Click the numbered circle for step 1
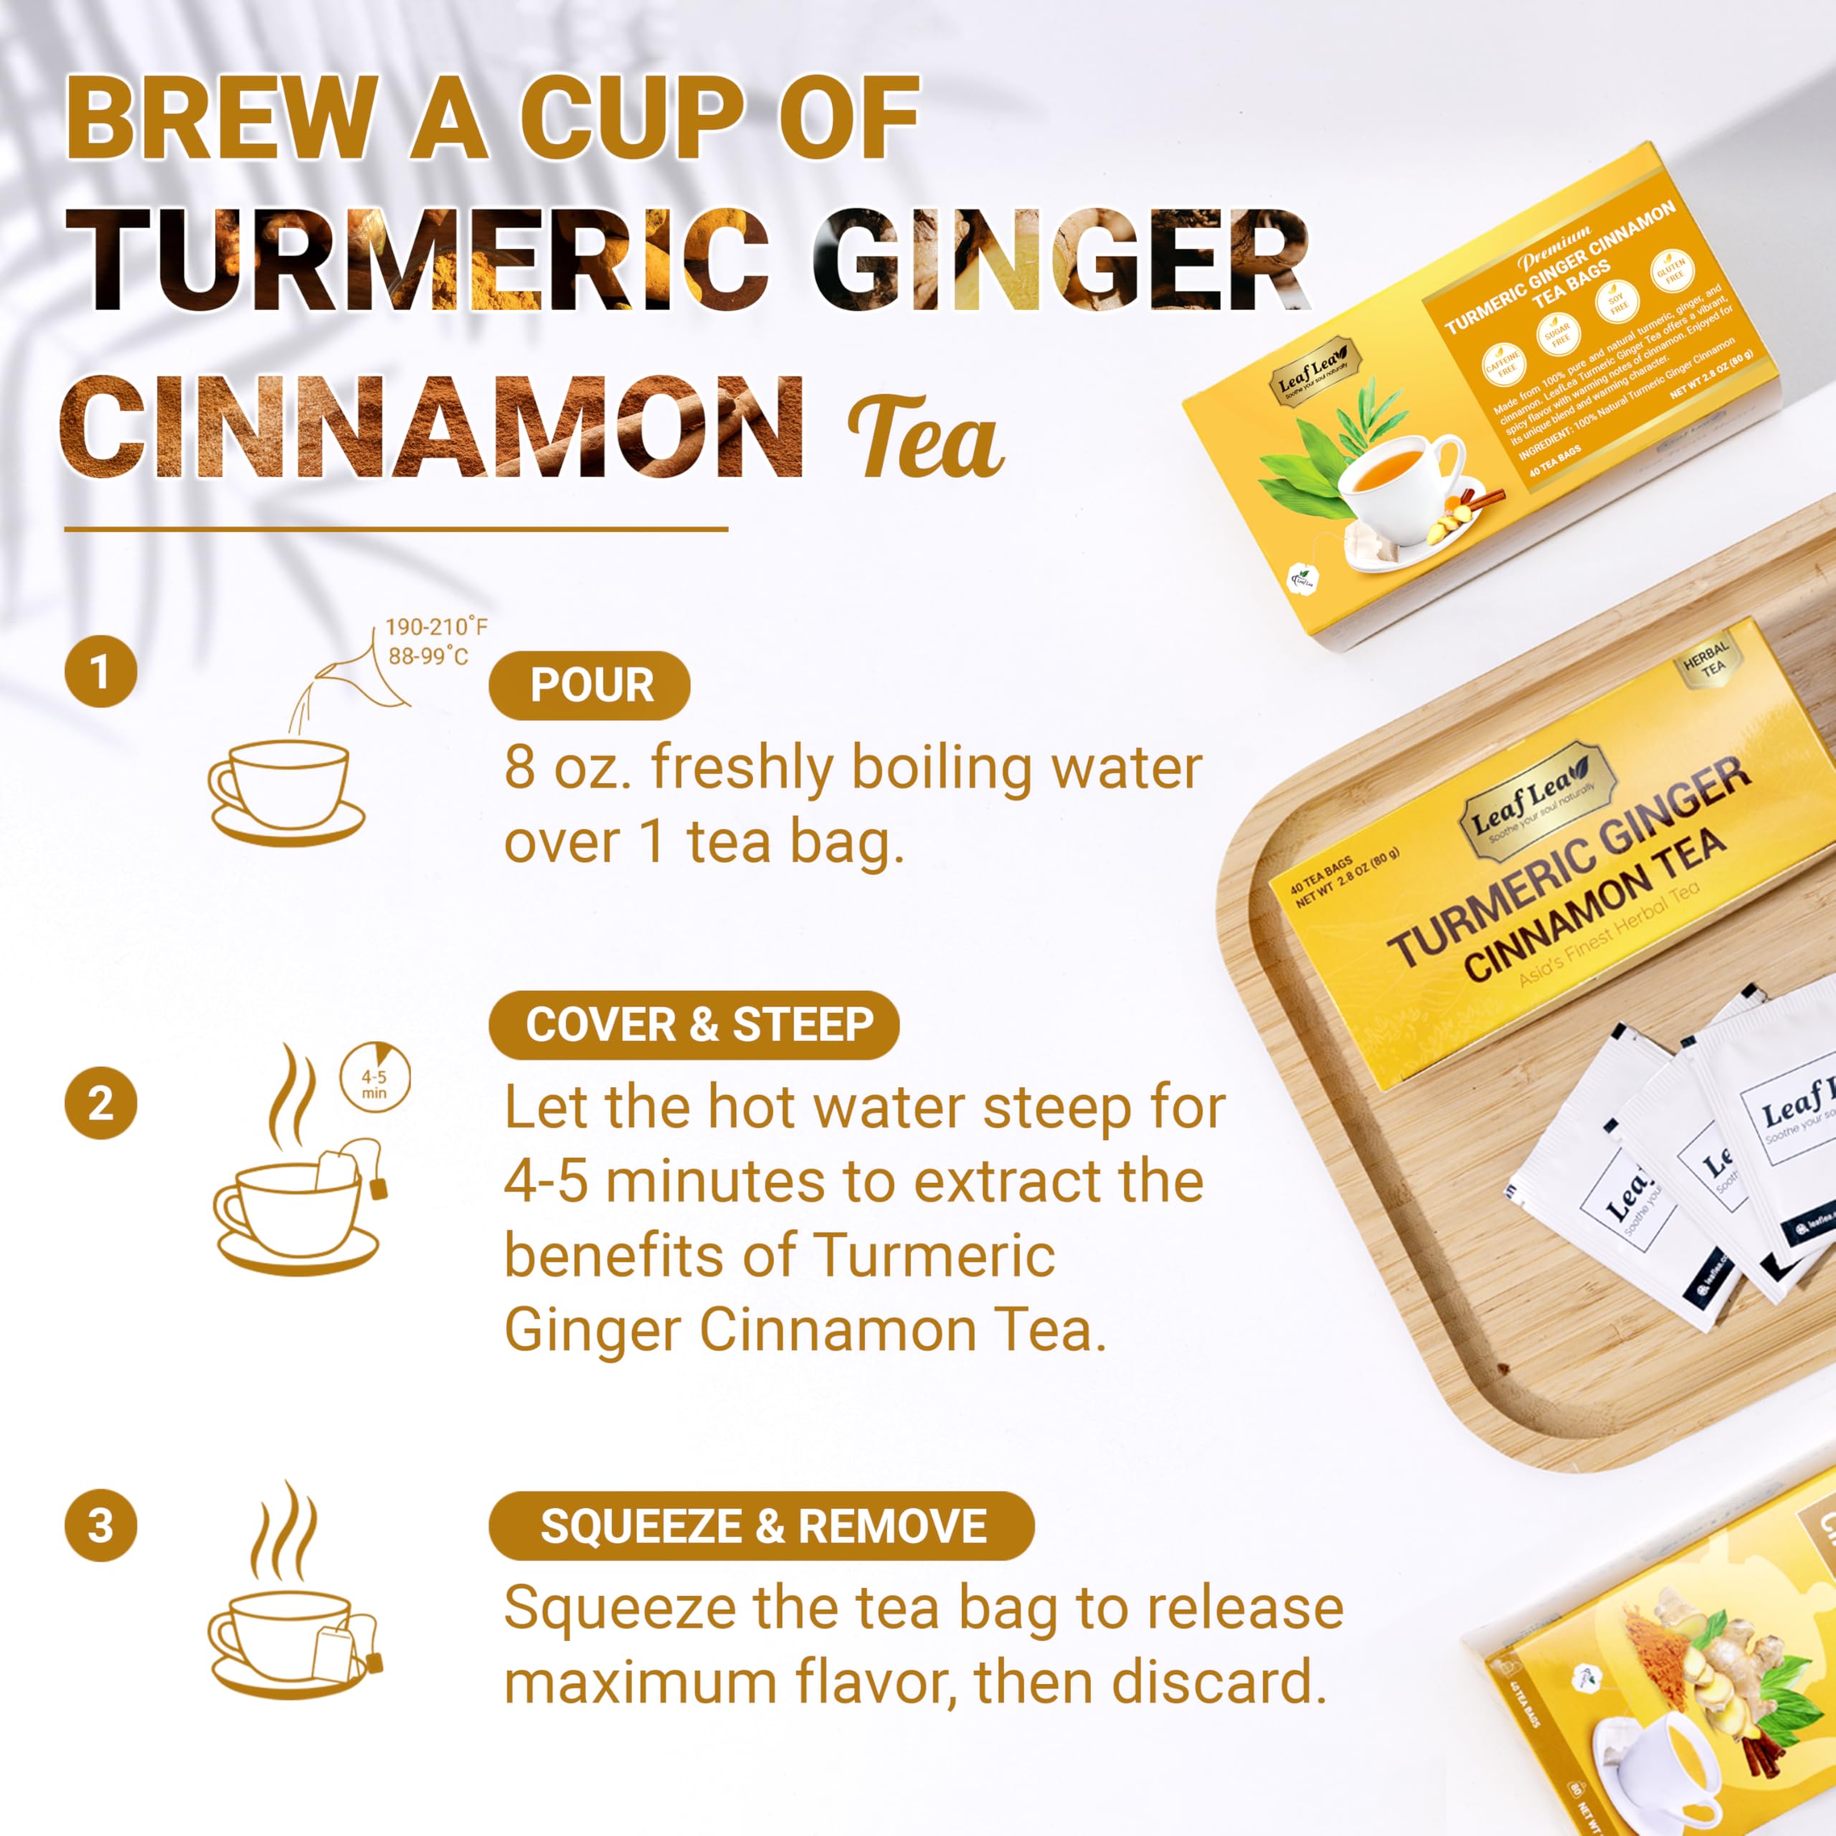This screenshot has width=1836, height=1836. pos(100,671)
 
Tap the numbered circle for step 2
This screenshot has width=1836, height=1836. pos(100,1103)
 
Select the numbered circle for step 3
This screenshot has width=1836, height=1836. pos(100,1525)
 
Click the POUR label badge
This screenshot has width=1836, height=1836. pos(590,685)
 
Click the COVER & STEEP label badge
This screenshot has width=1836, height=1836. pos(693,1024)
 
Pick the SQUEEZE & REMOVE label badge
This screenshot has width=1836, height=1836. pos(761,1525)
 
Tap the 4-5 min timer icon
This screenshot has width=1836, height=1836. pos(374,1076)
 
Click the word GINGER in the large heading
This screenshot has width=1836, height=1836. pos(1059,260)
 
